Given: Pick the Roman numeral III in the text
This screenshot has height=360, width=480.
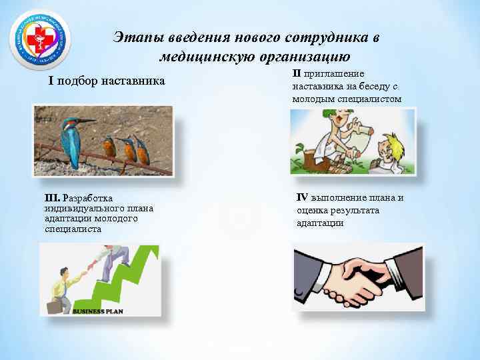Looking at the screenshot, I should [52, 198].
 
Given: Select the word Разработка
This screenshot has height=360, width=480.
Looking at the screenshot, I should [87, 198].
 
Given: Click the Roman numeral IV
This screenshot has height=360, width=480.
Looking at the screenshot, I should [302, 197].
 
